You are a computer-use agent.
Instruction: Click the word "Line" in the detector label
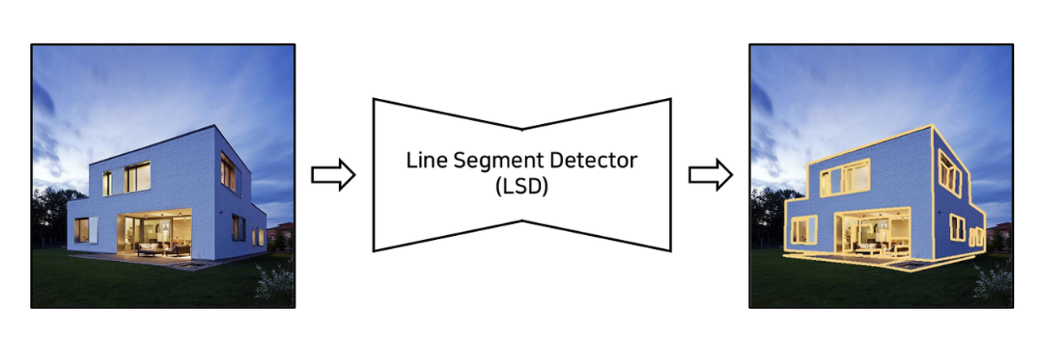coord(422,160)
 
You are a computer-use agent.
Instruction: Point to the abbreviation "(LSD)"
coord(521,186)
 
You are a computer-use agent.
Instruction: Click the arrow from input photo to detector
coord(333,175)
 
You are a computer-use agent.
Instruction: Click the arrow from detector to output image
coord(711,175)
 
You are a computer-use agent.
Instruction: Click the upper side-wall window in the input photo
coord(228,172)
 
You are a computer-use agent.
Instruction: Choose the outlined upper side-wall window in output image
coord(947,172)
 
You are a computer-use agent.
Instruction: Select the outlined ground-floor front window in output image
coord(802,230)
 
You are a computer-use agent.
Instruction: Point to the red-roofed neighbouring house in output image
coord(1000,231)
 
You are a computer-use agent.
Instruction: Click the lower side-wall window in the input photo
coord(238,228)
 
